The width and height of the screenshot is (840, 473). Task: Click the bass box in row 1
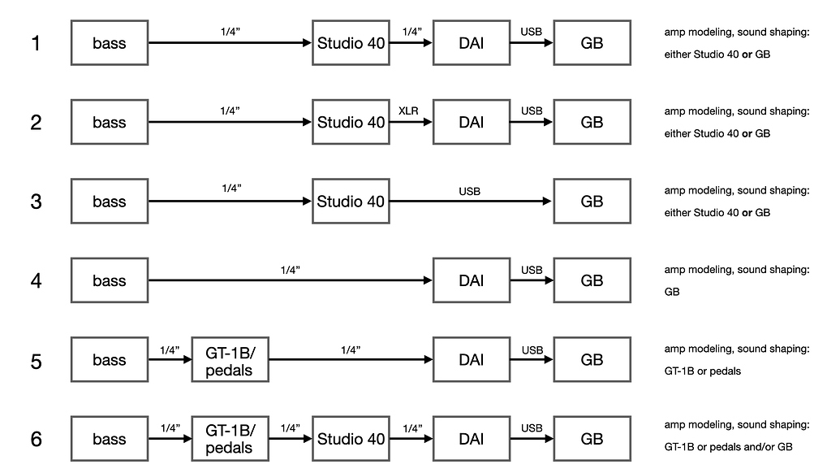tap(110, 43)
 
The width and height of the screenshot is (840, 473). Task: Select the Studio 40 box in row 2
tap(351, 123)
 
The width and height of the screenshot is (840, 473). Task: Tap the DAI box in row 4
tap(471, 281)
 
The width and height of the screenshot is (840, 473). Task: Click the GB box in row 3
tap(592, 202)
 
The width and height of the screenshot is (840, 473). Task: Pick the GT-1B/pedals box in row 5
tap(230, 361)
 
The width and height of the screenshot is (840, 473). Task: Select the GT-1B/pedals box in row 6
tap(230, 440)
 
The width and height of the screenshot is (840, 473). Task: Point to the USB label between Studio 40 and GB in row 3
tap(469, 191)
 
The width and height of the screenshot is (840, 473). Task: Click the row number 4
tap(36, 281)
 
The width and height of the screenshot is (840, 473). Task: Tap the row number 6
tap(36, 440)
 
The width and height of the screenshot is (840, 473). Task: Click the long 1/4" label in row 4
tap(290, 269)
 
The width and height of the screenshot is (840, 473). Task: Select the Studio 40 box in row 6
tap(351, 440)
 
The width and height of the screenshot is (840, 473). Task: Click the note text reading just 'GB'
tap(671, 292)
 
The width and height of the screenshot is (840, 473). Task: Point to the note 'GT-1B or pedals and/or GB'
tap(728, 447)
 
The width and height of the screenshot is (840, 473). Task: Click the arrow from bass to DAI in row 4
tap(291, 281)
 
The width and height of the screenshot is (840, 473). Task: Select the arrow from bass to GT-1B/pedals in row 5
tap(170, 361)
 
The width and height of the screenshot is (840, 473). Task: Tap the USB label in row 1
tap(532, 31)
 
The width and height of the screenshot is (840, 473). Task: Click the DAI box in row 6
tap(471, 440)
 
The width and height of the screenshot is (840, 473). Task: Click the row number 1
tap(36, 43)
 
